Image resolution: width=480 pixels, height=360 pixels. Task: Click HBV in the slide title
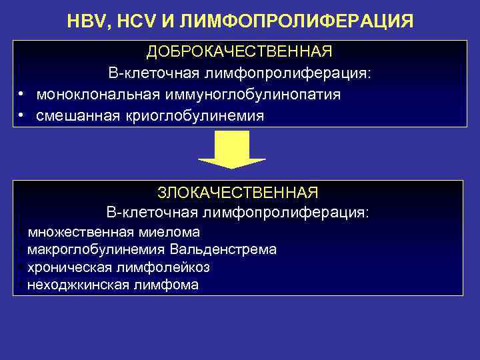click(87, 21)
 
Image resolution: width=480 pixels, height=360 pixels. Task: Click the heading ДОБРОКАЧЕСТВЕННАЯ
click(239, 52)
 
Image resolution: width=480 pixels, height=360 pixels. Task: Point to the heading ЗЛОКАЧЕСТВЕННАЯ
click(238, 193)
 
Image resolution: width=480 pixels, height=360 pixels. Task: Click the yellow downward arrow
click(232, 149)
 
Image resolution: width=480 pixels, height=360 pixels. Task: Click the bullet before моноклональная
click(22, 95)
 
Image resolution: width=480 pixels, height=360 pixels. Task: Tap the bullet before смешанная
click(22, 116)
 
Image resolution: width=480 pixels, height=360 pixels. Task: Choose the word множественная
click(79, 232)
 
